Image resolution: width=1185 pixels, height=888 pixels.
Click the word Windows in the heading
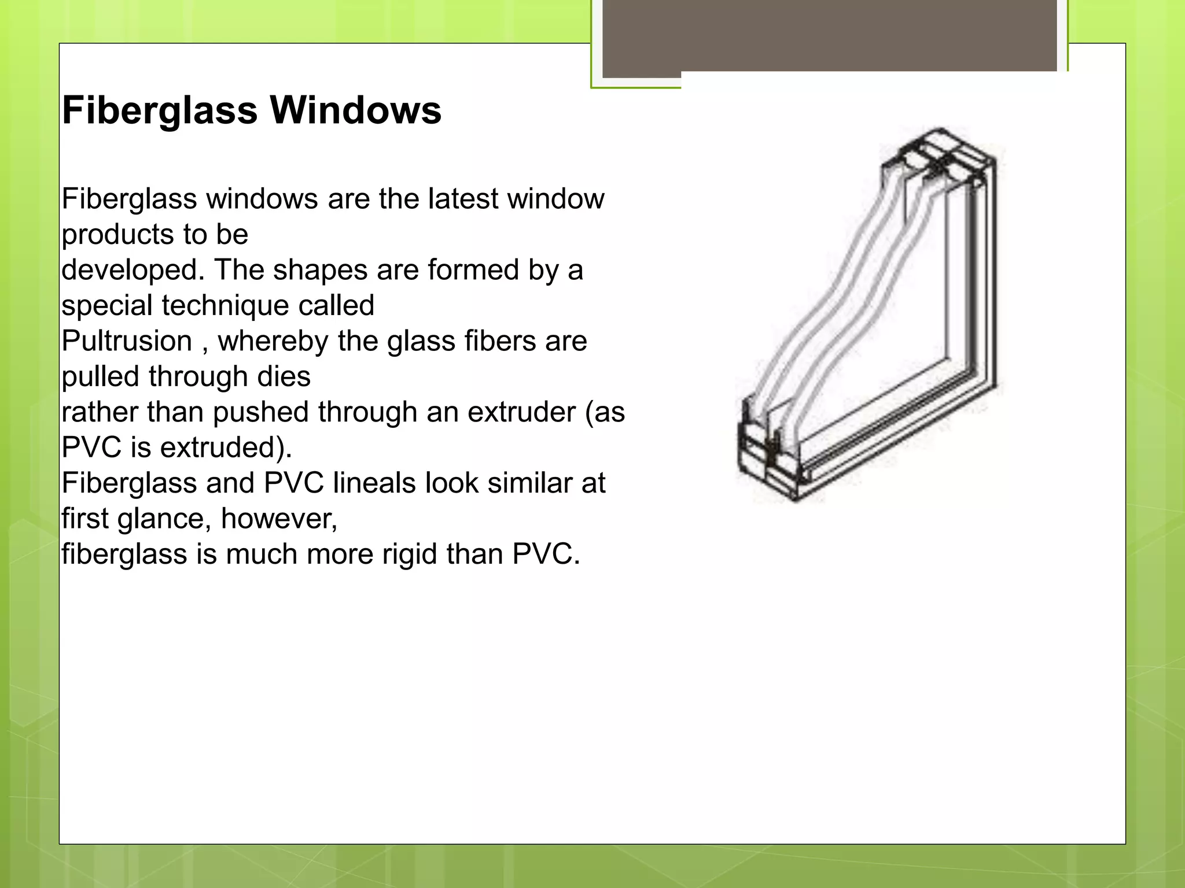point(355,110)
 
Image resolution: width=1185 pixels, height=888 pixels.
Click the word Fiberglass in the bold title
point(160,110)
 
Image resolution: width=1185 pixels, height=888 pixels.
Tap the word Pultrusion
point(127,341)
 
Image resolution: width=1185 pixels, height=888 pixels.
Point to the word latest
point(463,199)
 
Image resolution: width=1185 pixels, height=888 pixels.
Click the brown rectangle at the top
point(830,36)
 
